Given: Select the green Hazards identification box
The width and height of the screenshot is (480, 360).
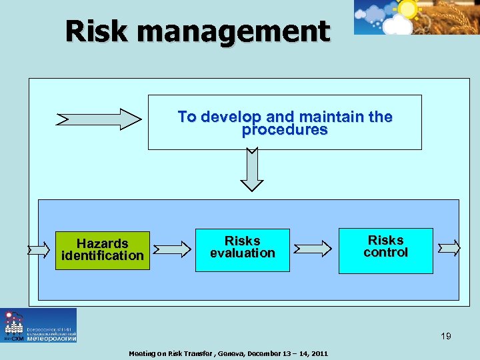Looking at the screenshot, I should coord(102,250).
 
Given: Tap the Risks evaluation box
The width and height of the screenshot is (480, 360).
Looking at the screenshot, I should coord(242,250).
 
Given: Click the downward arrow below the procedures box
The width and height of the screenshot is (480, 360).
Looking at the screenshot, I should coord(252,169).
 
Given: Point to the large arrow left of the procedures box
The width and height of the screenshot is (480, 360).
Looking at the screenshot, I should coord(99,119).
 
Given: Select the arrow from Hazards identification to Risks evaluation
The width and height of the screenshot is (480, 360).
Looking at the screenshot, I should coord(172,250).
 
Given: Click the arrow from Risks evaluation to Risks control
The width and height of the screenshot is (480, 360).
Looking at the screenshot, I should coord(313,249).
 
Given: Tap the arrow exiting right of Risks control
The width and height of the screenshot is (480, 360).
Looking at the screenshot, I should coord(449,248).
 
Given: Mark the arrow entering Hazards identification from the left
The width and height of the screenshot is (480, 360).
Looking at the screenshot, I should coord(39,250).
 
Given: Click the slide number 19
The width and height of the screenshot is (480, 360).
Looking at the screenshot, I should coord(445,336).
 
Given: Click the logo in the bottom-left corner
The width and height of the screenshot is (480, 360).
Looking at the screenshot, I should coord(38,325).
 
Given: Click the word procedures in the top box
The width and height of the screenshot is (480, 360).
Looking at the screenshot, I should coord(285,131).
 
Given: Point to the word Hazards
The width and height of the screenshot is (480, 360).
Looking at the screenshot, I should coord(102,243).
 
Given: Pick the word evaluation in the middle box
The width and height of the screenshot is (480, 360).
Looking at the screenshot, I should coord(242,253).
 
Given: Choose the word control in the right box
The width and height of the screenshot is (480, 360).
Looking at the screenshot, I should coord(385,253).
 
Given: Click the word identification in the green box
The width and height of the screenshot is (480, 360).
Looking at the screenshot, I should coord(102,256).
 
